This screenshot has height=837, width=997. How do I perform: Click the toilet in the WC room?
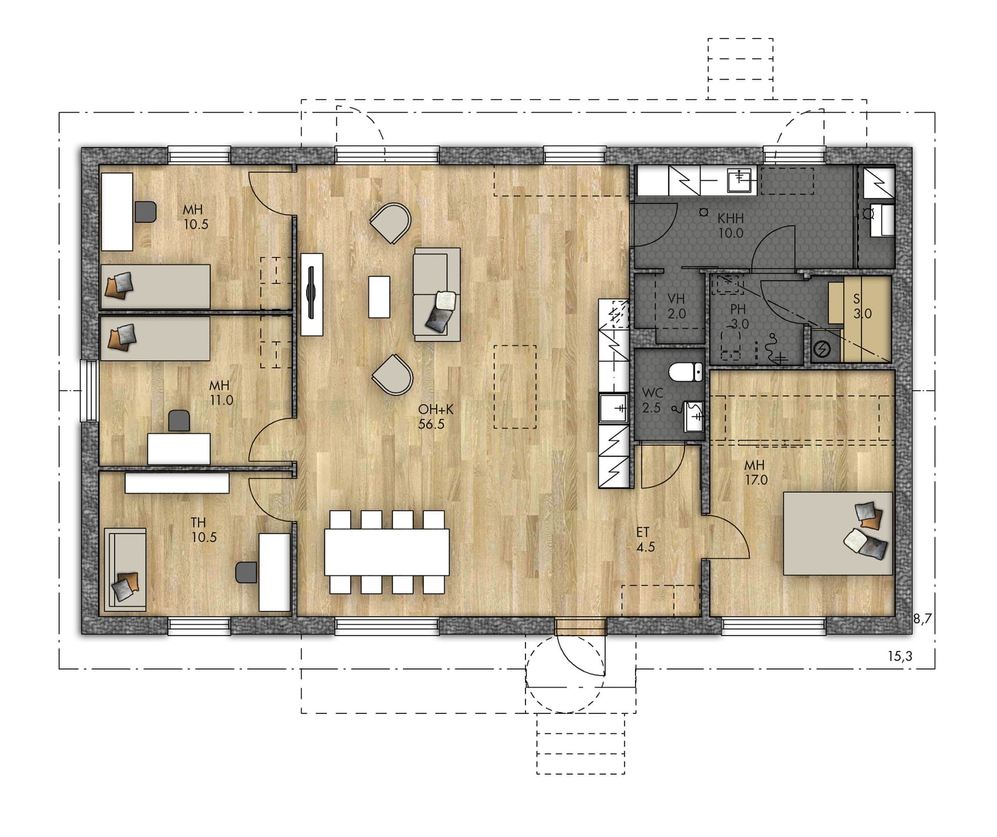tap(685, 372)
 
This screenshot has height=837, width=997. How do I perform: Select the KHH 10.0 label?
tap(731, 226)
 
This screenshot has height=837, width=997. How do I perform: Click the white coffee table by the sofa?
tap(379, 296)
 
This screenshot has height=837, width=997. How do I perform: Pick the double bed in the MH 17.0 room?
tap(838, 533)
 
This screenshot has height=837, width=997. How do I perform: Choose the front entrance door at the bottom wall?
tap(580, 627)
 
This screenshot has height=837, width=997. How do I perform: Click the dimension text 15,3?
tap(900, 656)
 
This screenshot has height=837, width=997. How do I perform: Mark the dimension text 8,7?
tap(923, 618)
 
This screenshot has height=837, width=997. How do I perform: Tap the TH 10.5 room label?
tap(204, 530)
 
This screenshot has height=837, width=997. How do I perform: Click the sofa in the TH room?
tap(125, 570)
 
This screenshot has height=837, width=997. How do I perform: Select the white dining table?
tap(387, 552)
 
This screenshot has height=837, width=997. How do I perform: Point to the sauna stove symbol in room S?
tap(821, 349)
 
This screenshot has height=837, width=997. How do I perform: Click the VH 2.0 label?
tap(676, 306)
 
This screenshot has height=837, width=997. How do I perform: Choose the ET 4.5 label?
tap(644, 539)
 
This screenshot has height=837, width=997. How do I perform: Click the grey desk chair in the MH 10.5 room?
tap(145, 212)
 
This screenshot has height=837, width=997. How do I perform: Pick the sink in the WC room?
tap(694, 416)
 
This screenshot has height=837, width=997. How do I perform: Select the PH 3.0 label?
tap(738, 317)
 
